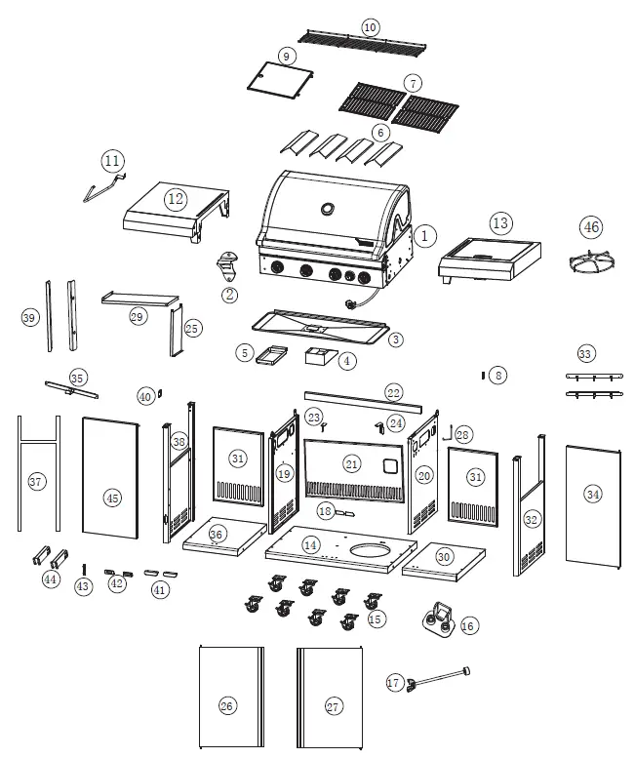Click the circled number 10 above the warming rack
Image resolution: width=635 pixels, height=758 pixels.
370,26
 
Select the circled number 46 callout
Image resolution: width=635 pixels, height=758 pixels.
591,227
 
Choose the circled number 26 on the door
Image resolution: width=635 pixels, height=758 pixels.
227,705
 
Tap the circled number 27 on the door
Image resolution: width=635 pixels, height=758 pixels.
334,706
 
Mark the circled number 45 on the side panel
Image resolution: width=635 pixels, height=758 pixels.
113,498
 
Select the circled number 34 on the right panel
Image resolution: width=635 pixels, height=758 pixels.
593,494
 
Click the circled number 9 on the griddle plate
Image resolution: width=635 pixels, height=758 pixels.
287,57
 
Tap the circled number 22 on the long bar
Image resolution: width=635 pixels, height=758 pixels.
392,392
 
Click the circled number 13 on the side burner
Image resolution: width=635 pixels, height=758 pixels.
500,223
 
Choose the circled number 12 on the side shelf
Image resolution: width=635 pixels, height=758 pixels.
176,199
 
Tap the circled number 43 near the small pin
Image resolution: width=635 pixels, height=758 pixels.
84,586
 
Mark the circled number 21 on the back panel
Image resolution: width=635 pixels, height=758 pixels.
350,464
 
